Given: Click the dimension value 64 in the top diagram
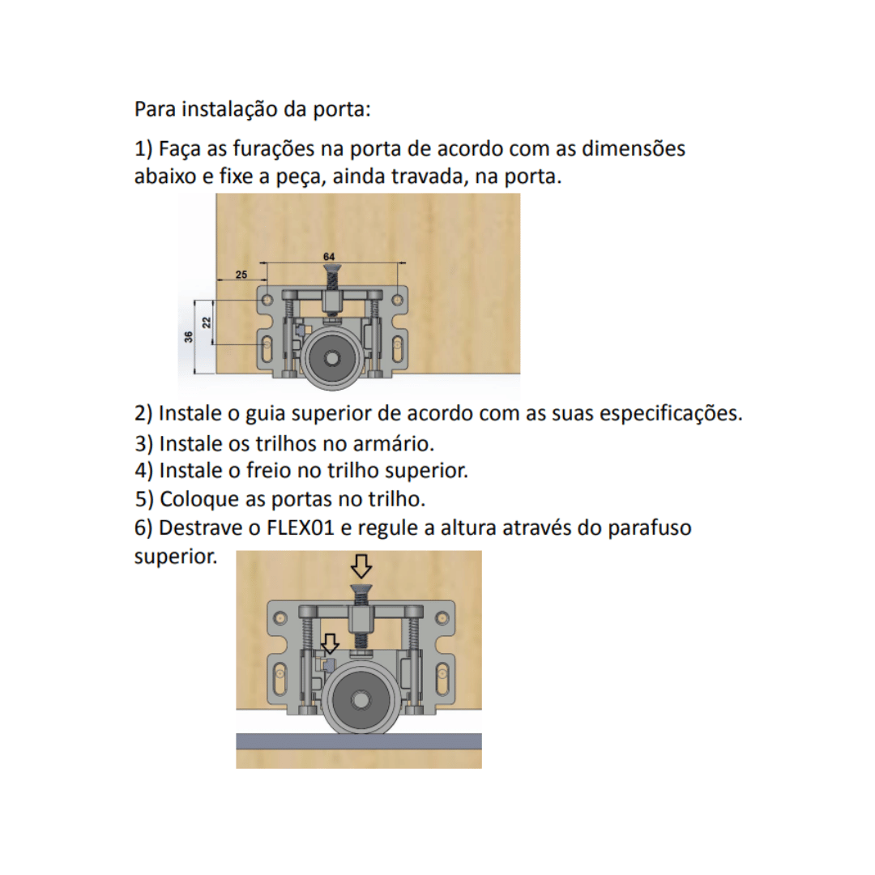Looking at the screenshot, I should [x=329, y=256].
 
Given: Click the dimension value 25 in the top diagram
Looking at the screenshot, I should [x=241, y=275].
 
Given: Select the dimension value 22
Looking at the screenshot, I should [x=207, y=322].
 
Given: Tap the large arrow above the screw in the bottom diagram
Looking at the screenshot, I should [x=361, y=565].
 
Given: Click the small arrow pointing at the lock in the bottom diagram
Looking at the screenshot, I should [x=329, y=644].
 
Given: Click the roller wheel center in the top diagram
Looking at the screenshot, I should [x=331, y=358].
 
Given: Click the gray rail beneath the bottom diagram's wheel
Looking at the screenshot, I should [x=358, y=741].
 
